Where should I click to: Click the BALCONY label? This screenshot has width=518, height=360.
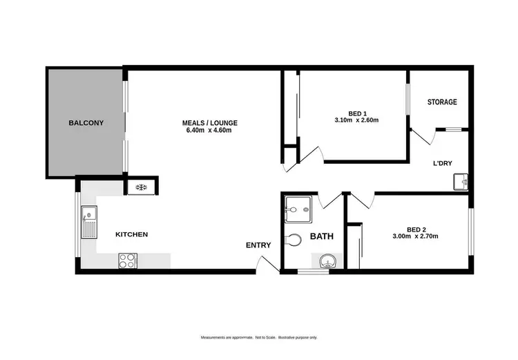click(x=86, y=123)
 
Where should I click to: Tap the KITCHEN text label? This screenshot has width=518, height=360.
click(x=131, y=234)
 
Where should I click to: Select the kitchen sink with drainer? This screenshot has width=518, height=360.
click(x=88, y=222)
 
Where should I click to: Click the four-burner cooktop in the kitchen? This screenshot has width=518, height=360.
click(x=128, y=260)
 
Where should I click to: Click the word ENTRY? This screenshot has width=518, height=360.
click(x=258, y=245)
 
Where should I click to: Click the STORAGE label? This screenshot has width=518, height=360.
click(x=441, y=102)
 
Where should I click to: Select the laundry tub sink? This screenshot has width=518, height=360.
click(x=461, y=182)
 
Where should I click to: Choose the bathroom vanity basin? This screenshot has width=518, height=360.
click(x=327, y=260)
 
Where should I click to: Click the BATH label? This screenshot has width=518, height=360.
click(x=321, y=236)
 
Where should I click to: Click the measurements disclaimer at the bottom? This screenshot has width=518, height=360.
click(x=259, y=337)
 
